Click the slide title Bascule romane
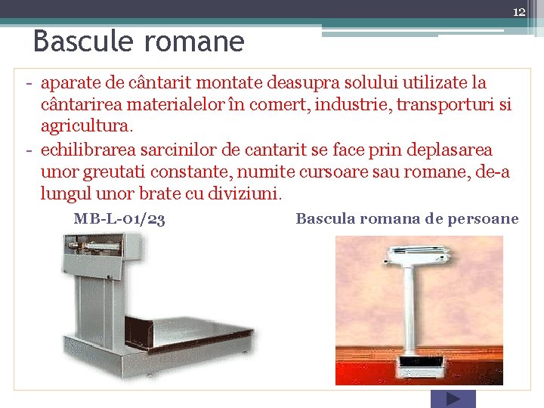[x=138, y=41]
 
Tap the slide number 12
[x=518, y=12]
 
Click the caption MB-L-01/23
[x=119, y=219]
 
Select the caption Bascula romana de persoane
[x=406, y=219]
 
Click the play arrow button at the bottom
[x=453, y=399]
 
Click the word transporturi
[x=446, y=105]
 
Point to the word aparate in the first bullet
[x=73, y=82]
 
